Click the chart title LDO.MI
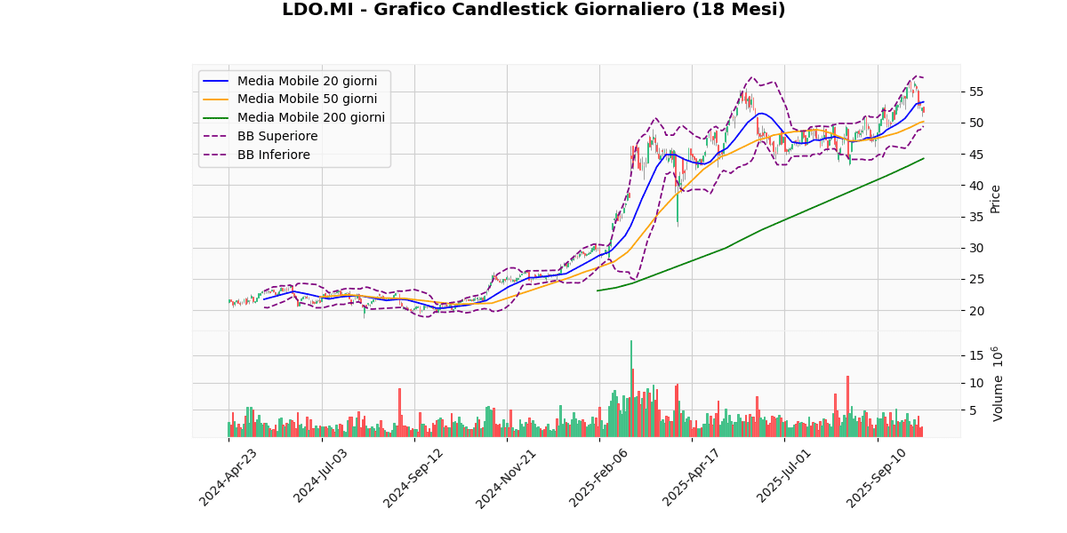coord(533,10)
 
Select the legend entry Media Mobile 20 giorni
coord(307,81)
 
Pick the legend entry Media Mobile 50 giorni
coord(307,99)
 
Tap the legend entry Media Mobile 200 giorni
coord(310,118)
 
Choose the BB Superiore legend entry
coord(277,137)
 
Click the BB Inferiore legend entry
coord(273,155)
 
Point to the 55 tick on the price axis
coord(975,91)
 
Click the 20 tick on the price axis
coord(975,311)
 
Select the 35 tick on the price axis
coord(975,217)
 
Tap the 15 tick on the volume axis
coord(975,355)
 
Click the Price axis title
coord(996,199)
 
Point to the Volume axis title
coord(998,384)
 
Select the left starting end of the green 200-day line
coord(598,290)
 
